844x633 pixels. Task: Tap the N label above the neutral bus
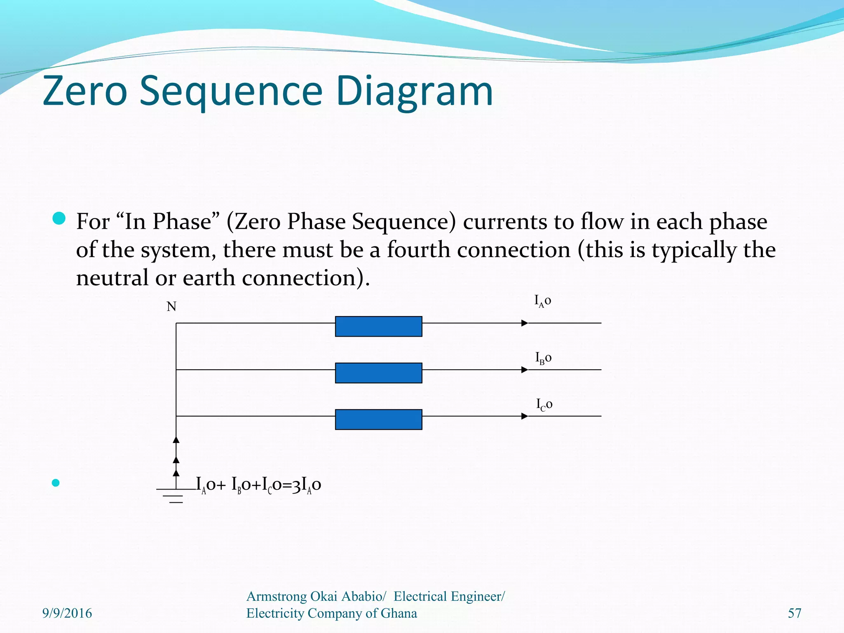(x=171, y=307)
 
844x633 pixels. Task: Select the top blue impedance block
(x=378, y=326)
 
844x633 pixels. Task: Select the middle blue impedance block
(x=378, y=373)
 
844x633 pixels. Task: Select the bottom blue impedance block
(x=378, y=420)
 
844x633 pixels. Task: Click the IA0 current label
(x=542, y=301)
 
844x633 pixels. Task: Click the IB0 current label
(x=543, y=358)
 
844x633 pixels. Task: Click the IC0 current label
(x=544, y=404)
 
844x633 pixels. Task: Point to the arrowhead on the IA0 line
(x=525, y=323)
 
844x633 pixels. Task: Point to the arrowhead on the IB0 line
(x=525, y=370)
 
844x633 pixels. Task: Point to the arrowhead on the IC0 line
(x=525, y=416)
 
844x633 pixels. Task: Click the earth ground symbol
(x=176, y=496)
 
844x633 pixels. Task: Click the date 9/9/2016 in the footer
(x=67, y=613)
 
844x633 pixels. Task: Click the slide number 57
(x=795, y=613)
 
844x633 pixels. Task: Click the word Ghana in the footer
(x=399, y=613)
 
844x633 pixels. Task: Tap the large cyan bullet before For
(x=59, y=218)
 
